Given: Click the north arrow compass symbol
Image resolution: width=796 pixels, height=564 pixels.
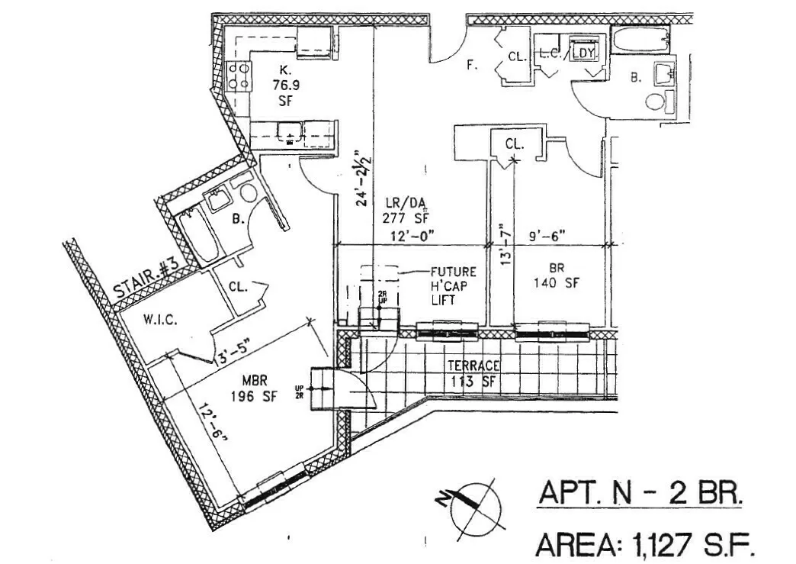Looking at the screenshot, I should pyautogui.click(x=472, y=506).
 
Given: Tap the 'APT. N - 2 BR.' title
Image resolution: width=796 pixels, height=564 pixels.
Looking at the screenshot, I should pyautogui.click(x=640, y=494).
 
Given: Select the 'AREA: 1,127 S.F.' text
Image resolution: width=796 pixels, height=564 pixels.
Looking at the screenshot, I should pyautogui.click(x=645, y=545).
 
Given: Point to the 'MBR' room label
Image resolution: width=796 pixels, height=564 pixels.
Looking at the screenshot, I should pyautogui.click(x=253, y=381).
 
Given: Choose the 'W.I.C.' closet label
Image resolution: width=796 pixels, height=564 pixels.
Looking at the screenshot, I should pyautogui.click(x=159, y=321).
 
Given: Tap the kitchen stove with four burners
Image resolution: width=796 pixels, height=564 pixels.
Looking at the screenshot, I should pyautogui.click(x=240, y=76).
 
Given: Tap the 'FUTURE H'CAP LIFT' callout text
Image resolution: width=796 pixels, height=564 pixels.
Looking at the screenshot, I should pyautogui.click(x=453, y=286).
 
